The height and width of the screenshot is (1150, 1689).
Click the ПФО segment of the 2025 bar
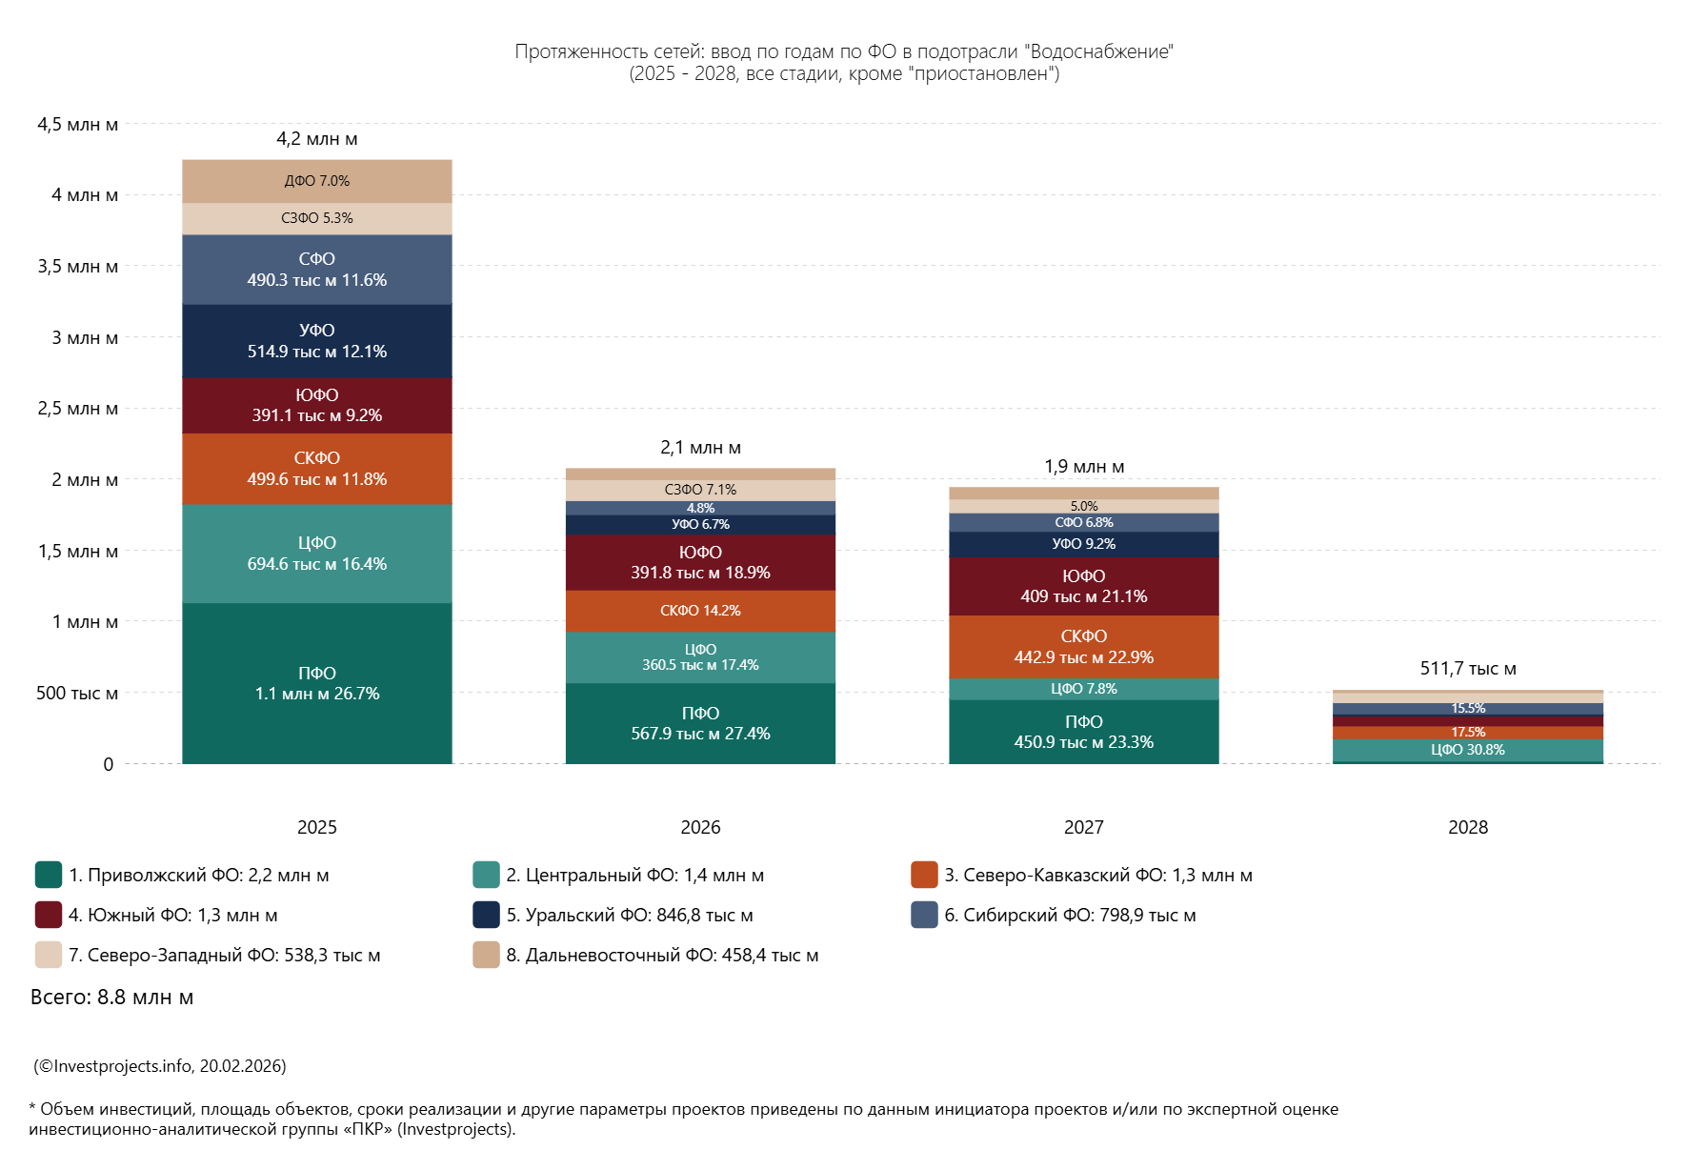[316, 683]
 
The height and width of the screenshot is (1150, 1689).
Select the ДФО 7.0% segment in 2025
[316, 181]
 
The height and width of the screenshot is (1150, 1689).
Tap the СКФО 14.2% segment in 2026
[700, 611]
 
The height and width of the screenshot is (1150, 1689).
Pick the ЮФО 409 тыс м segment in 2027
[1083, 586]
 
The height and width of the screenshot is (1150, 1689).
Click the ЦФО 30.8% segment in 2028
[1467, 750]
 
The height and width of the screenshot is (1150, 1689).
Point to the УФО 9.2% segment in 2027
[1083, 544]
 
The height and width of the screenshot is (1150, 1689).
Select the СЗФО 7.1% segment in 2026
[700, 490]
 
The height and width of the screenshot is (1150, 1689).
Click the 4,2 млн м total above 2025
[316, 139]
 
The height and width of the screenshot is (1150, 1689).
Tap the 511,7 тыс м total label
[1467, 669]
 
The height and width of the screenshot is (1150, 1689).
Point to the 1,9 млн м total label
[1083, 467]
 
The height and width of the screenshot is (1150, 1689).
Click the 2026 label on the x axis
[700, 827]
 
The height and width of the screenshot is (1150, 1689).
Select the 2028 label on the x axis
[1467, 827]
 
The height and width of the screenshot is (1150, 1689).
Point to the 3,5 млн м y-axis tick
[78, 267]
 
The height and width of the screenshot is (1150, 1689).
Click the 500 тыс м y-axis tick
[77, 694]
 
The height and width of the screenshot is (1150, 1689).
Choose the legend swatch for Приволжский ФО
[48, 875]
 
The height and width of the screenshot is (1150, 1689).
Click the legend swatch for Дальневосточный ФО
[486, 955]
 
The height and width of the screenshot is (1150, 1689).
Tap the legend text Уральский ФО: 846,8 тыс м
[629, 915]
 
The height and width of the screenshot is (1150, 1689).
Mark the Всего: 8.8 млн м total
[111, 998]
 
